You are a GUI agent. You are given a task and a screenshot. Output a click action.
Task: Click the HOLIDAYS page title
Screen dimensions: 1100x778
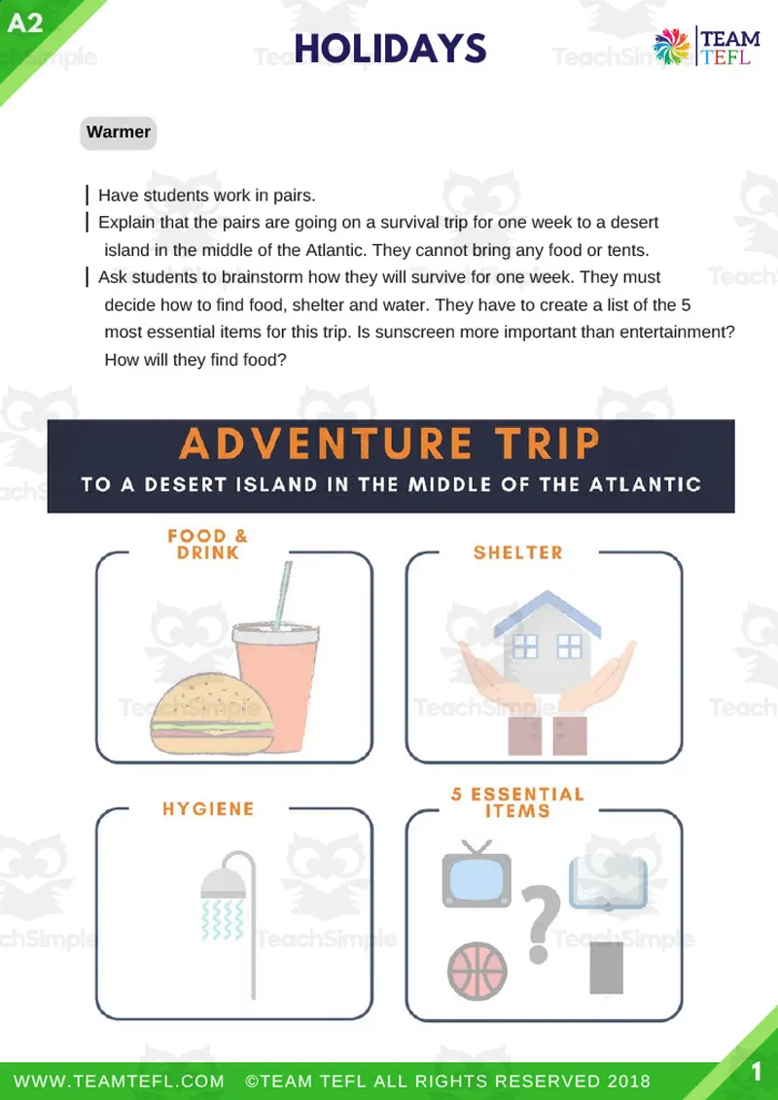click(x=389, y=46)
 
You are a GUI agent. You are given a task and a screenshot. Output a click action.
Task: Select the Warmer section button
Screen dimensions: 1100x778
click(x=118, y=132)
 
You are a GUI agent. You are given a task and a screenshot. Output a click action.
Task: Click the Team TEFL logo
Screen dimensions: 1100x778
click(x=710, y=47)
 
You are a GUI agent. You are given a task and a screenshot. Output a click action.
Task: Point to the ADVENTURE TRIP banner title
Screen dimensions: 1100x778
click(x=389, y=444)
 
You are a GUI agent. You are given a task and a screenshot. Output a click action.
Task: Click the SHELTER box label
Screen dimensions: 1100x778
click(x=517, y=552)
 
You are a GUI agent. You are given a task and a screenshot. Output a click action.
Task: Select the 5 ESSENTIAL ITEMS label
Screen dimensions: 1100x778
click(x=517, y=801)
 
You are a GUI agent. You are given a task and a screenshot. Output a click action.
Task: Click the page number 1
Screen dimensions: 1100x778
click(x=756, y=1072)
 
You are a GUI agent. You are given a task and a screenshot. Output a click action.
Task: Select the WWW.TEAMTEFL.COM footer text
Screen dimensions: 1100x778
click(x=119, y=1082)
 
